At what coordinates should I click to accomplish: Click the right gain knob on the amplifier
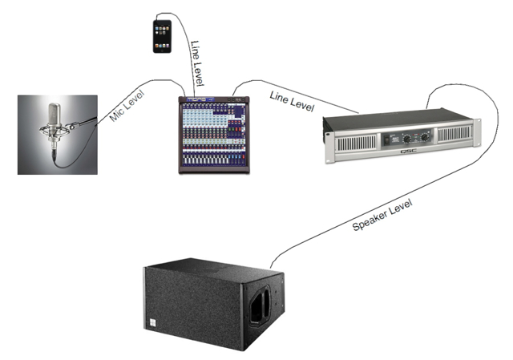(x=425, y=136)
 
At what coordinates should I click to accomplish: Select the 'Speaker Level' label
(x=385, y=213)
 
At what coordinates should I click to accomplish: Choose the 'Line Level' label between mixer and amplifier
(x=291, y=101)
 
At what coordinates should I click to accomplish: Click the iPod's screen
(x=163, y=32)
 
